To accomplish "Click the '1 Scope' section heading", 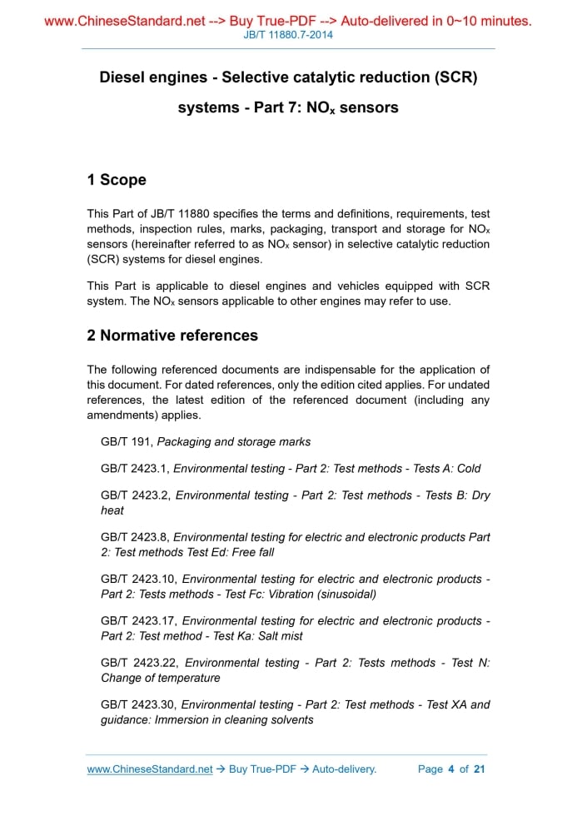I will point(117,180).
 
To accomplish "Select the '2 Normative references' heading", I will point(172,336).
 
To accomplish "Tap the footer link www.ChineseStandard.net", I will point(150,769).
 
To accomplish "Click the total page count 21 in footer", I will point(479,769).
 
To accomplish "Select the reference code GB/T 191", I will point(125,442).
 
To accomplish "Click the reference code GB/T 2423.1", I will point(135,469).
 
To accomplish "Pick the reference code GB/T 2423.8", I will point(135,537).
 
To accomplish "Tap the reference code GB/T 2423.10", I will point(138,579).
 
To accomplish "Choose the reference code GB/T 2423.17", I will point(138,620).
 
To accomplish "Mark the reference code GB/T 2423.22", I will point(139,663).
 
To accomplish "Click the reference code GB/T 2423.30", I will point(139,704).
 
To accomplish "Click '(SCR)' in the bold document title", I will point(455,77).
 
